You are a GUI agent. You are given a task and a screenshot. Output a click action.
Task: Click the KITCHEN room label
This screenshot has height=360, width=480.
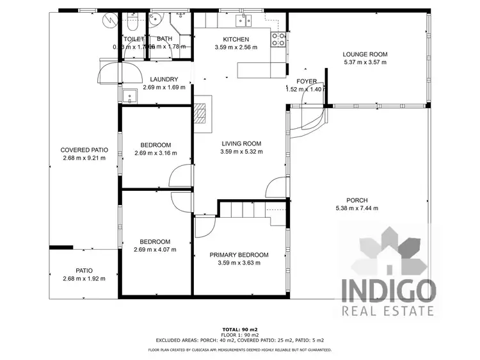231,39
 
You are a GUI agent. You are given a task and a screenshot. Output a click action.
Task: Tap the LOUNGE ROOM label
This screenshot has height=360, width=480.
365,54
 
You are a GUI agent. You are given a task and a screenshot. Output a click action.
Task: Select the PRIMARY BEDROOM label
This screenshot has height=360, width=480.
239,254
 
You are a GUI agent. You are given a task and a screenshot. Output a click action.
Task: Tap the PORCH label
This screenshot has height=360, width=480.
356,200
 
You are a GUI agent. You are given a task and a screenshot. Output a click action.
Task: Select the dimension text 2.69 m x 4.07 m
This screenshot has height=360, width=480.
155,250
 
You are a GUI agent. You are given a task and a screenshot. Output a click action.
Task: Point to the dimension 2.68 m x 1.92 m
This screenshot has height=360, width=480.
84,279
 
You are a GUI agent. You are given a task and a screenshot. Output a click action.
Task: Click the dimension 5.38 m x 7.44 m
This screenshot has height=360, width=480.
356,208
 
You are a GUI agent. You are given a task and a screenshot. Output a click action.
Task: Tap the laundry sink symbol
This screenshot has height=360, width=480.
131,96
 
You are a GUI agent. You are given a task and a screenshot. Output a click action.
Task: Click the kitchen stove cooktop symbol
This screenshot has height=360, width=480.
278,40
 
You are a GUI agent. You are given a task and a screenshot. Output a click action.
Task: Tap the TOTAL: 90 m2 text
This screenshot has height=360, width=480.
240,328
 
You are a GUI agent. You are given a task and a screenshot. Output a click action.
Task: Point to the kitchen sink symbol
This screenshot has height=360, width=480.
243,20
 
